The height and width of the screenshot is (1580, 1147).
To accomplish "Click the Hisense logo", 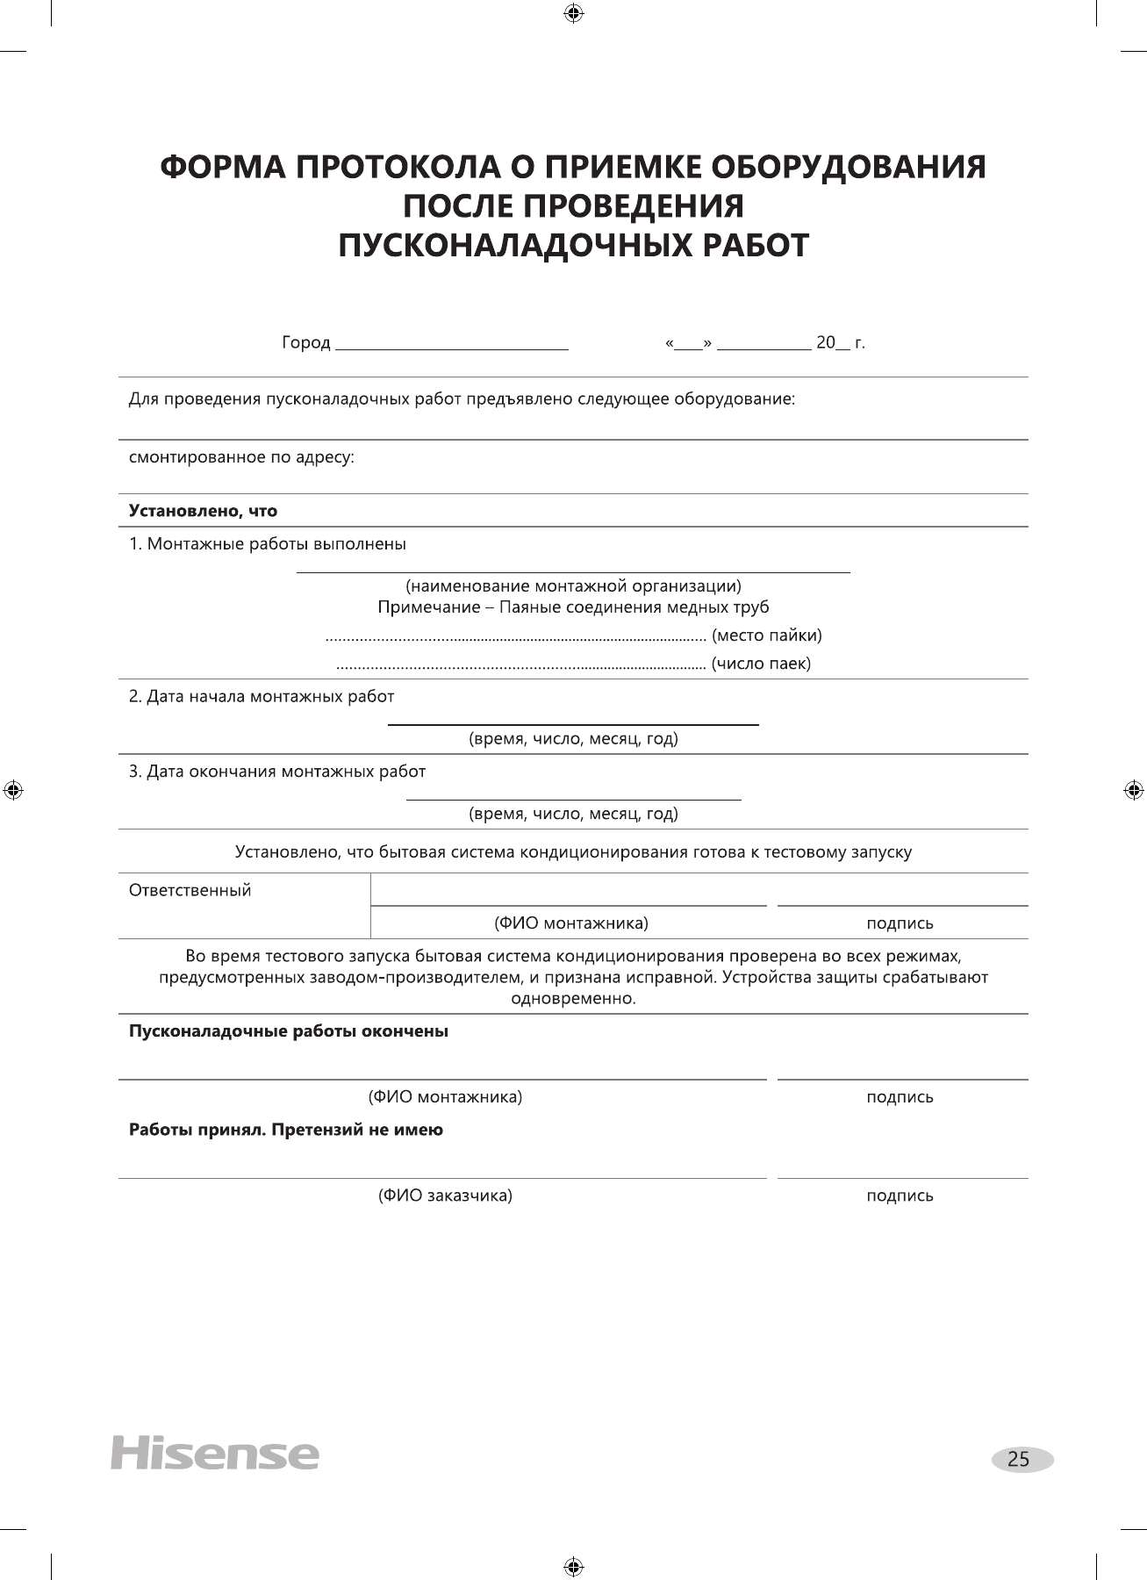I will pos(214,1453).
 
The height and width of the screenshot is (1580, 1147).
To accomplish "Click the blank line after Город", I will pos(452,345).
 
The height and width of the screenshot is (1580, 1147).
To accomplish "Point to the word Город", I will pos(305,343).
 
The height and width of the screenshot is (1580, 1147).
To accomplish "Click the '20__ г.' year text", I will pos(840,343).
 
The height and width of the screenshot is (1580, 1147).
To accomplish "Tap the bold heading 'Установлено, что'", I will pos(203,511).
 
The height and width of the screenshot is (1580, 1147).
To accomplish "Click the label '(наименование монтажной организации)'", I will pos(573,585).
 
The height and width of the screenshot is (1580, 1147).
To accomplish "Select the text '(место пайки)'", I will pos(766,635).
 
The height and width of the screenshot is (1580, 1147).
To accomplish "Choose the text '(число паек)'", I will pos(761,664).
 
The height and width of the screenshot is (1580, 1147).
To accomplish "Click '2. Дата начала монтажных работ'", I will pos(262,697).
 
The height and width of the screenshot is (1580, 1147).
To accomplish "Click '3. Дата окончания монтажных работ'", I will pos(277,772).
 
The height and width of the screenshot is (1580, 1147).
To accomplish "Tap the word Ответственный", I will pos(190,891).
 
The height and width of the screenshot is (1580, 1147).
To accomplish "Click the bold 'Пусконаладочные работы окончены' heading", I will pos(289,1031).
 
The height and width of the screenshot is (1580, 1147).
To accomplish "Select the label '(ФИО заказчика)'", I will pos(445,1196).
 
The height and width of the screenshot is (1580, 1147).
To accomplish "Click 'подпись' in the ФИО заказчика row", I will pos(900,1196).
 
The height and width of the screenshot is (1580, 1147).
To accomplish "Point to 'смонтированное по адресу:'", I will pos(241,457).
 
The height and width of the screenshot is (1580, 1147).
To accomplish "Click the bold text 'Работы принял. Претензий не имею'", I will pos(286,1131).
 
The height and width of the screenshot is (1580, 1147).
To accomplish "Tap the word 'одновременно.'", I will pos(573,999).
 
